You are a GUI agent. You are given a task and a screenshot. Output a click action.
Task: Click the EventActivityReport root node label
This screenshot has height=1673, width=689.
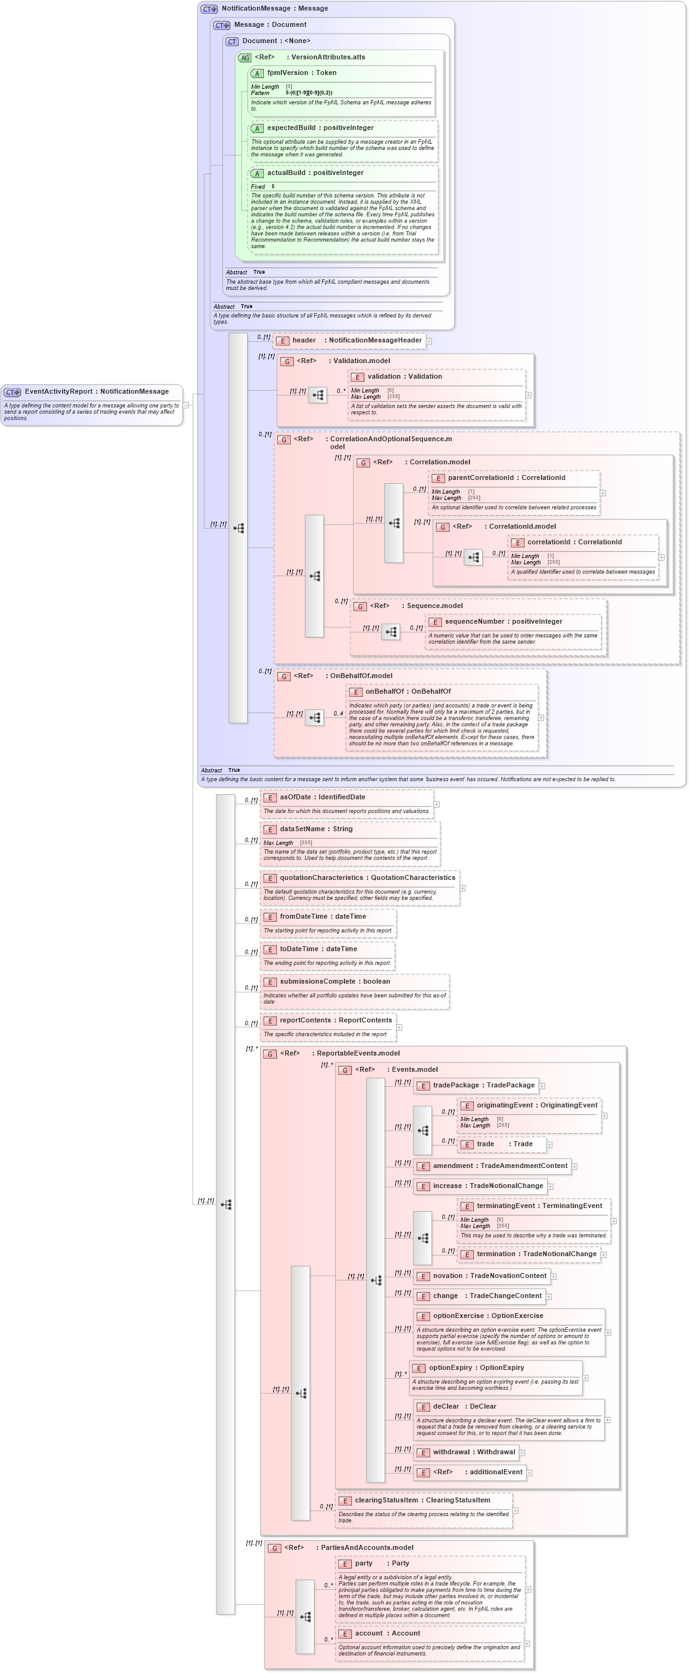click(x=96, y=392)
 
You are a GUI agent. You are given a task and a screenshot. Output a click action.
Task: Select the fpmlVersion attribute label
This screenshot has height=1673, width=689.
click(x=301, y=72)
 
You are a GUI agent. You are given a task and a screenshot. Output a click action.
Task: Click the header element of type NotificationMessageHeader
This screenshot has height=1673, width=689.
click(x=357, y=341)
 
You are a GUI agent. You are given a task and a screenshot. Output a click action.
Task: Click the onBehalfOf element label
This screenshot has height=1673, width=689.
click(x=408, y=692)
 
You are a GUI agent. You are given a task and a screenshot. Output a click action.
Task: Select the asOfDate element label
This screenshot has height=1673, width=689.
click(x=323, y=797)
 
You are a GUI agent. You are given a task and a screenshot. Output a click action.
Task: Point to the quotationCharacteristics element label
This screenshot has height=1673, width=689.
click(x=367, y=878)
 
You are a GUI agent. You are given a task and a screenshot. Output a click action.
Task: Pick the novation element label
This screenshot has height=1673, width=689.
click(x=490, y=1276)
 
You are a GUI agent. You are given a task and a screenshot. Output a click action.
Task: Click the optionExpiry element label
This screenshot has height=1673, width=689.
click(x=476, y=1368)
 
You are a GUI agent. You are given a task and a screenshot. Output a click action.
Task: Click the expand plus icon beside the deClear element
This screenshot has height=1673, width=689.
click(x=608, y=1421)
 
